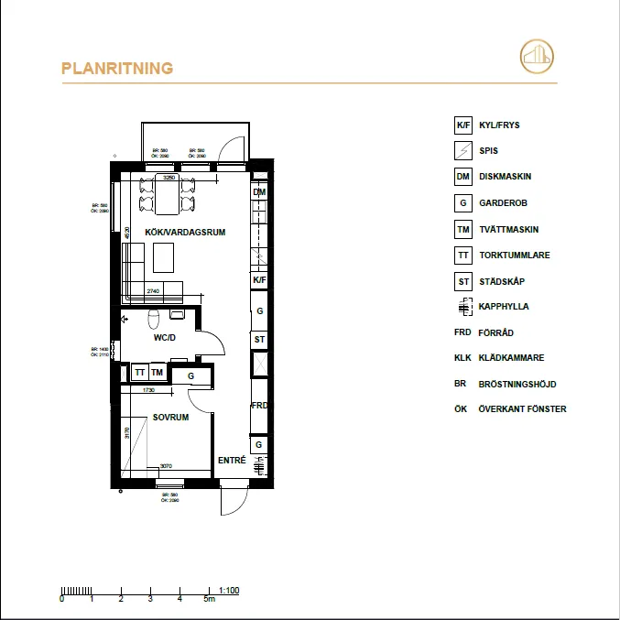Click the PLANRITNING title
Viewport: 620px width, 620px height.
point(117,69)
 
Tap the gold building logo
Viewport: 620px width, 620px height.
point(537,56)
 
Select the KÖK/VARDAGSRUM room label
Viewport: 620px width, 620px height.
point(185,233)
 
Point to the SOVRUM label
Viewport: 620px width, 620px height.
point(170,417)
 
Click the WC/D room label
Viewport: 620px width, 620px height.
point(166,338)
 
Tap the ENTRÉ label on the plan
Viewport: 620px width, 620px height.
point(232,461)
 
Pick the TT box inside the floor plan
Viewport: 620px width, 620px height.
point(140,373)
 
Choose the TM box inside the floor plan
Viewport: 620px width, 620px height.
point(158,373)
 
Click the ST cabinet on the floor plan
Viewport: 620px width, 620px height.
point(260,339)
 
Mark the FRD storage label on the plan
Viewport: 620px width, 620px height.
point(260,405)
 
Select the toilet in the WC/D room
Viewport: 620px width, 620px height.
point(155,318)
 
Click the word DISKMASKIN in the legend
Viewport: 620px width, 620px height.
point(506,177)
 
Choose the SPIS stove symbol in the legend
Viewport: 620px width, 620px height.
point(463,151)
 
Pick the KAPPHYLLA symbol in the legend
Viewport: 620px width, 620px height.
point(463,308)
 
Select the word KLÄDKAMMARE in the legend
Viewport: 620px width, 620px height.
point(512,359)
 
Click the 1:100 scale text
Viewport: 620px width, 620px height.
point(229,591)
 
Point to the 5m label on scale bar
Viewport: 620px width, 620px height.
point(210,600)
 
